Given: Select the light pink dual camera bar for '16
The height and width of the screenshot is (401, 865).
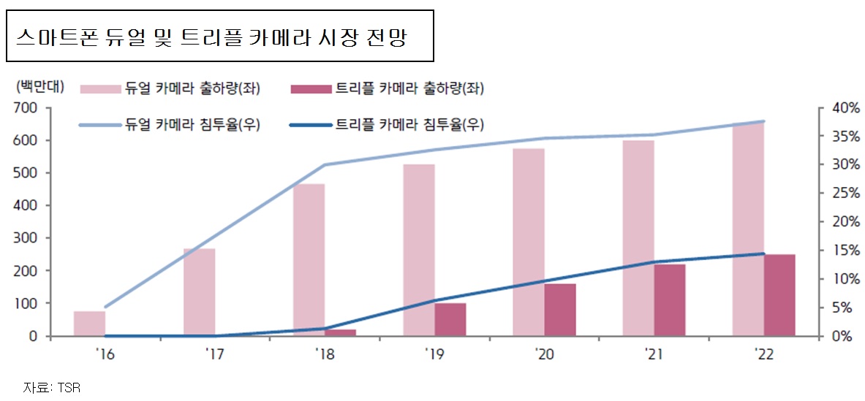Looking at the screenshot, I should (89, 324).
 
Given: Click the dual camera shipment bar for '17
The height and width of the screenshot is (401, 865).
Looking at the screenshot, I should (199, 292).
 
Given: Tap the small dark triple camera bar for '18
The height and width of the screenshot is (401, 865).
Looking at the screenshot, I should (340, 332).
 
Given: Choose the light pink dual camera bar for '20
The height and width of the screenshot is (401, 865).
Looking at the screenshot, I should (528, 242).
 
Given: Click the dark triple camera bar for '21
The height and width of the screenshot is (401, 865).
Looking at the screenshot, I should (669, 299).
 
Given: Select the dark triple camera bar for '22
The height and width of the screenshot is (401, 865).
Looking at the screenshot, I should (779, 295).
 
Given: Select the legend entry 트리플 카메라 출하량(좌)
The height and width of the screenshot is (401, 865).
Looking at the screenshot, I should (387, 88).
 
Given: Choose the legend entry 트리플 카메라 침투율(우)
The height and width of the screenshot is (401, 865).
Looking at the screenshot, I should (387, 124).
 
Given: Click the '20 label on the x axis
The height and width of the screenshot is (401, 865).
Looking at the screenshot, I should (543, 354).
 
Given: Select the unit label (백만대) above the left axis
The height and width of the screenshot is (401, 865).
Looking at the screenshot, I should (39, 87).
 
